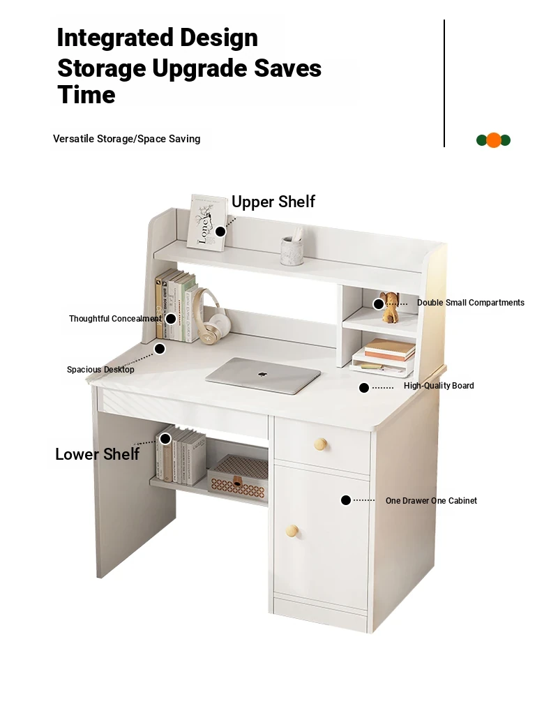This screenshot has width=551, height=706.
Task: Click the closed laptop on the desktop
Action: pos(263,375)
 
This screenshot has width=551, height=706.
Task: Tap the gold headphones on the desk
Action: pos(210,317)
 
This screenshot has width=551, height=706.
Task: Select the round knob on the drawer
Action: pos(321,444)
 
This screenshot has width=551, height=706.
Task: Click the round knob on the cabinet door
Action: pos(293,531)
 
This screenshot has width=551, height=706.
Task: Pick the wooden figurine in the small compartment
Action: pos(390,306)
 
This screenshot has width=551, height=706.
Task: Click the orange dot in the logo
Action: pos(494,140)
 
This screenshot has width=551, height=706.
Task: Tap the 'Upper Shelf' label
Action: pos(273,202)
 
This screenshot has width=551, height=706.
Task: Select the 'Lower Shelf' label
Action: pos(97,454)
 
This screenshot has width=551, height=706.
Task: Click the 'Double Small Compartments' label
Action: pos(470,303)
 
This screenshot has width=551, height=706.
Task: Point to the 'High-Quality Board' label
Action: pos(439,385)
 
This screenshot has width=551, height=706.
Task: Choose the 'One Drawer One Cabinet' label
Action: pos(431,500)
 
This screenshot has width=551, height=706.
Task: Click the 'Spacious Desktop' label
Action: pos(100,370)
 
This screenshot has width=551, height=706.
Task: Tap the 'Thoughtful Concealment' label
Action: pos(115,319)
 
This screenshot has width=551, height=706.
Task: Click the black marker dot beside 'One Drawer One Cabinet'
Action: pos(346,500)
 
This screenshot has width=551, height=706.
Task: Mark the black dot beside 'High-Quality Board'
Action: pos(364,388)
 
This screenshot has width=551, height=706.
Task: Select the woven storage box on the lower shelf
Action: pos(238,477)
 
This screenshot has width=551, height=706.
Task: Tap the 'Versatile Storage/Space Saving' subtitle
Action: pos(126,139)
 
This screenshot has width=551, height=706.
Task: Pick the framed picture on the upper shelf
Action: pos(207,223)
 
